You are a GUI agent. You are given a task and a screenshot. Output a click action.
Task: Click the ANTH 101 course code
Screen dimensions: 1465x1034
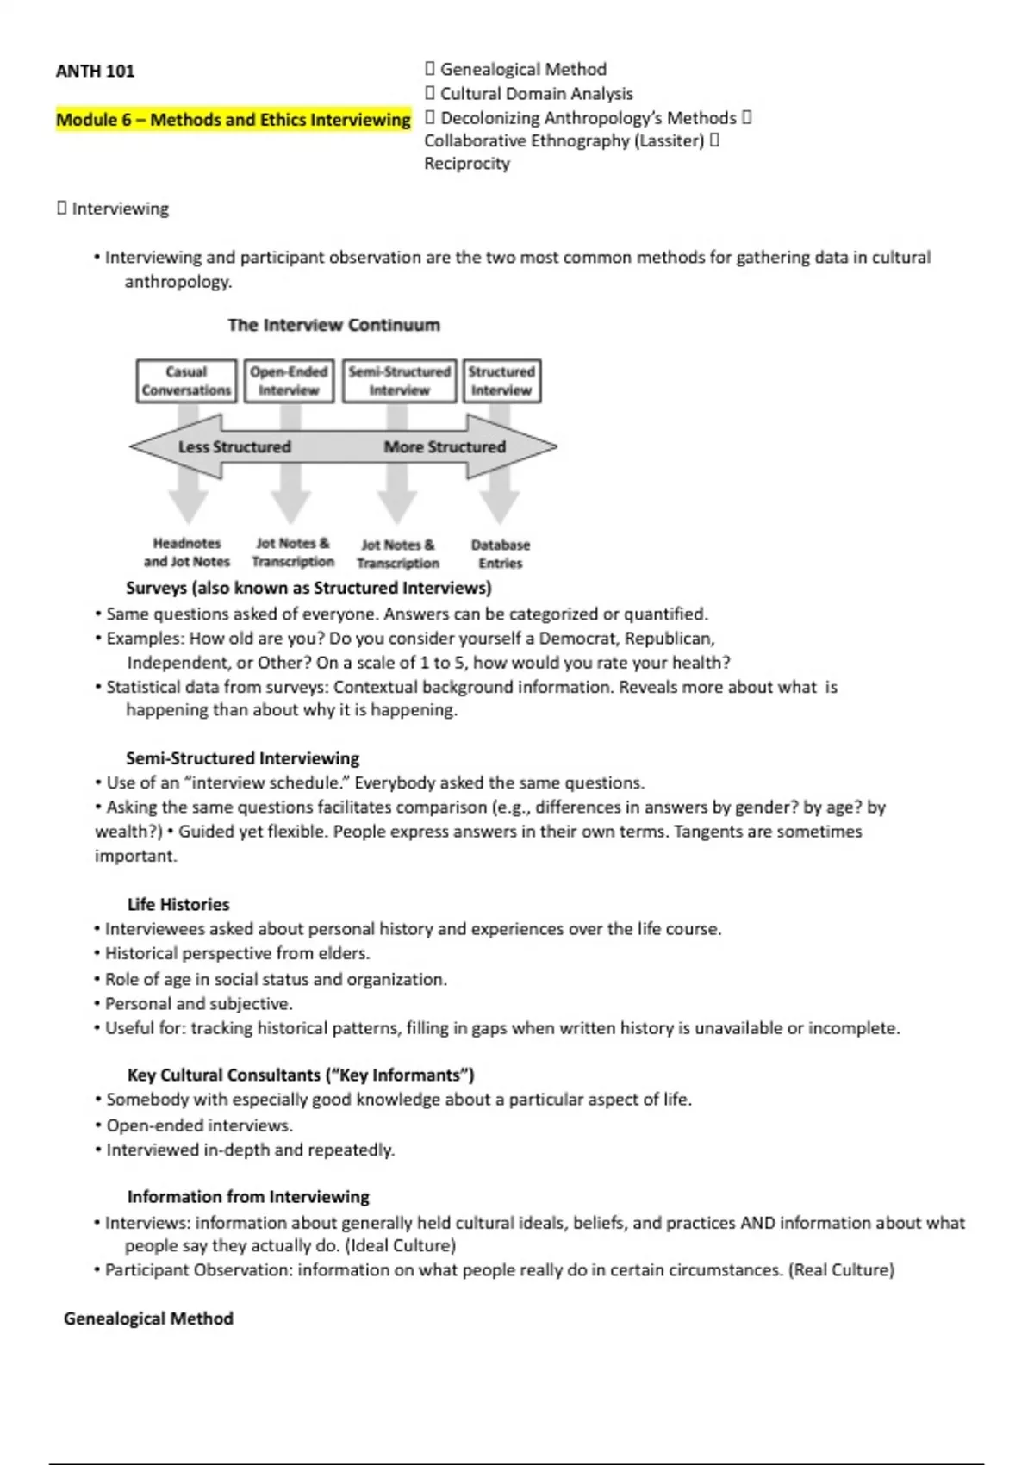point(95,72)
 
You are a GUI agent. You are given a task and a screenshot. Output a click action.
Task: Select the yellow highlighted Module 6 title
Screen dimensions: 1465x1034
point(233,120)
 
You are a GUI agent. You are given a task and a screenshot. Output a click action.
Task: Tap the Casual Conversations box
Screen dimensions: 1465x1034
point(186,381)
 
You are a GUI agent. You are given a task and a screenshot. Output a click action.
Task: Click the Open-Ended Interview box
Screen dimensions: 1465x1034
point(289,381)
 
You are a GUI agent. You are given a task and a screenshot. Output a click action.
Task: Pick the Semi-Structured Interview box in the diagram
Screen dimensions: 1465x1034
point(399,381)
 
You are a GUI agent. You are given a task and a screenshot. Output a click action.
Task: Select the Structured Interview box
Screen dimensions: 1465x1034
point(501,381)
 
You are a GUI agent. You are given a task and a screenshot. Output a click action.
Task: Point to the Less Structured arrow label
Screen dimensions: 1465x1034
point(234,446)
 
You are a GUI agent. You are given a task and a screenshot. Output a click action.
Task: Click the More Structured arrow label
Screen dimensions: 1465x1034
point(445,446)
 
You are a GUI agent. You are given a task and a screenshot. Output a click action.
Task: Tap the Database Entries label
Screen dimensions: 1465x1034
point(501,554)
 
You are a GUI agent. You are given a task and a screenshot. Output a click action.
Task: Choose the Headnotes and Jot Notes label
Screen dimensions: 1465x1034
point(187,552)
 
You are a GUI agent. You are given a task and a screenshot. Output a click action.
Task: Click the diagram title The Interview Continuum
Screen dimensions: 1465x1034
point(333,325)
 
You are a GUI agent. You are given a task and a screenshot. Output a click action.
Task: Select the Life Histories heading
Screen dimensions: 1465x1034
point(178,904)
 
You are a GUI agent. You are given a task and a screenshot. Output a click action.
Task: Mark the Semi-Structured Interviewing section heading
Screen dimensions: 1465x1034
point(242,758)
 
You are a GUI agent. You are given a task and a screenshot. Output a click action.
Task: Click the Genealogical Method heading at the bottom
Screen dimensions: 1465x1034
point(148,1318)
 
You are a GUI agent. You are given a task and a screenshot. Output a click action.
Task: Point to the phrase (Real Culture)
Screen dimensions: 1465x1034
point(841,1270)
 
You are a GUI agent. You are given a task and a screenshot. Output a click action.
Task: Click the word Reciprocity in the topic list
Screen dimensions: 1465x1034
point(467,164)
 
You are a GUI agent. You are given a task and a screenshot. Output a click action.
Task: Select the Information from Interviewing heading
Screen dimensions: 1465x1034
point(248,1197)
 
